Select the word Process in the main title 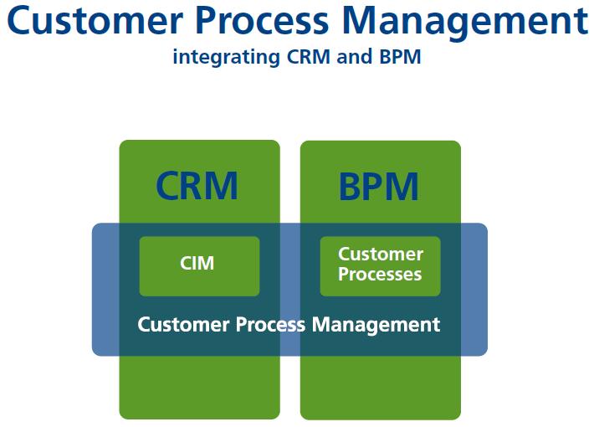277,22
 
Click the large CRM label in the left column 198,186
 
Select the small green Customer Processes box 380,266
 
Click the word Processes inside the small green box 380,275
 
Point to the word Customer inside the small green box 381,254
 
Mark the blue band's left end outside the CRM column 105,289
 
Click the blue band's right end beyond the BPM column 474,289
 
